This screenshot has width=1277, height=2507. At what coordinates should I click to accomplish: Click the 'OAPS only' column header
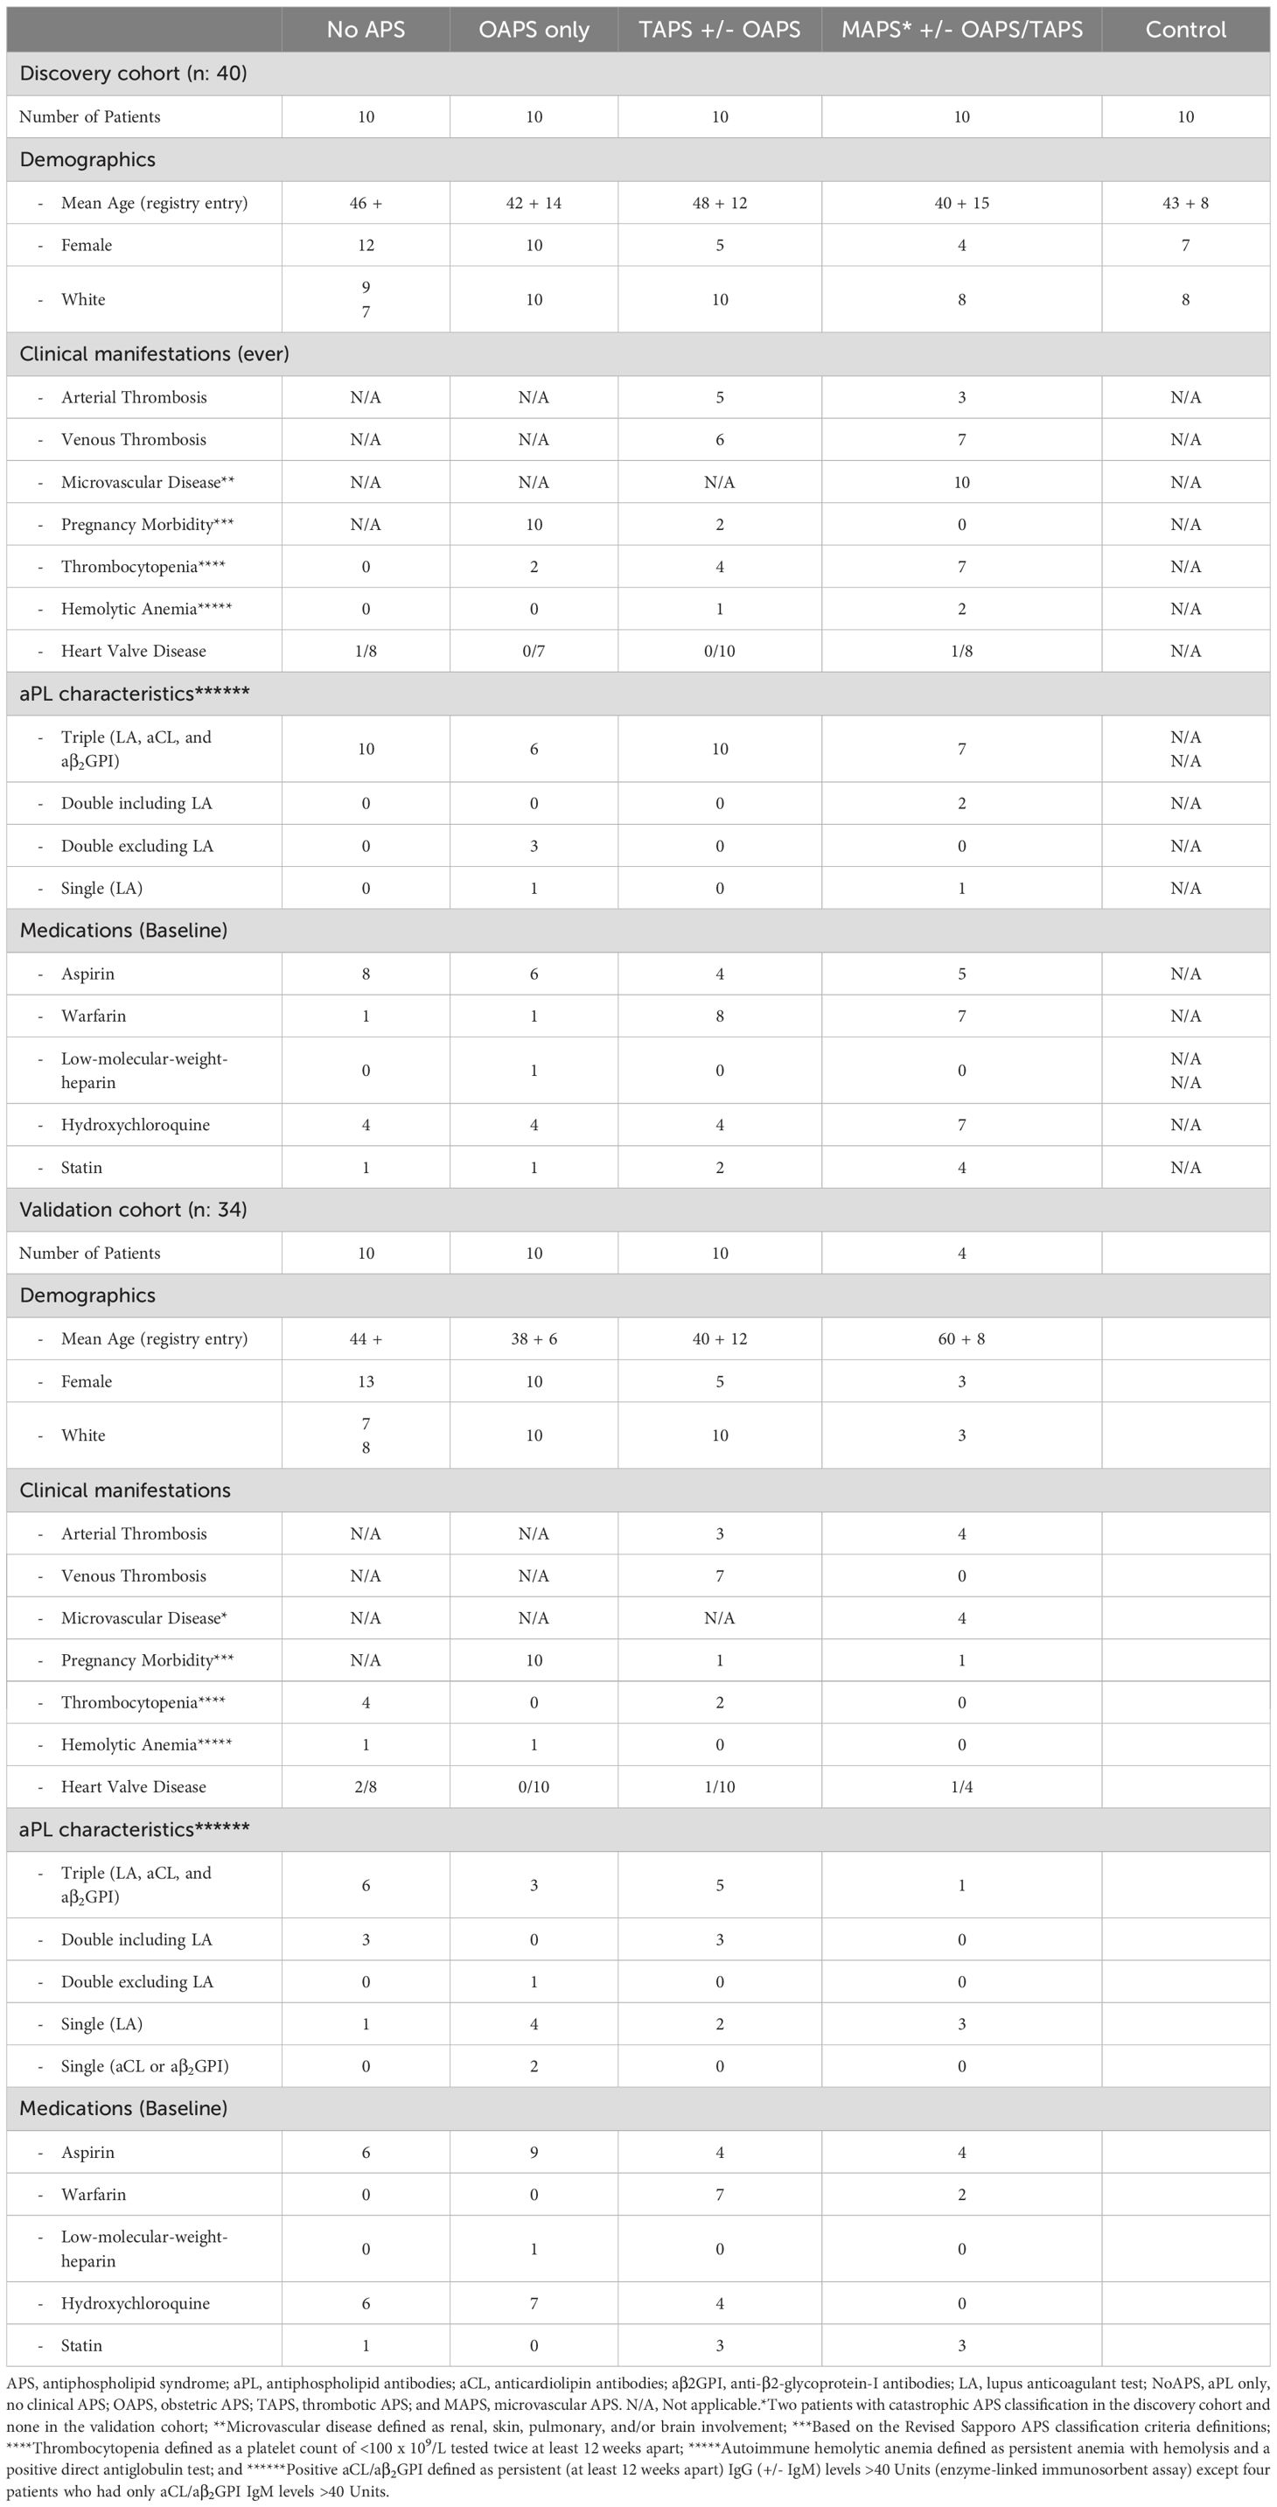pyautogui.click(x=534, y=29)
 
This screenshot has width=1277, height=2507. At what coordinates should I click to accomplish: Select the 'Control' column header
pyautogui.click(x=1184, y=29)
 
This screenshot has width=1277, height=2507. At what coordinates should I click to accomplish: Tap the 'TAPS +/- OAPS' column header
pyautogui.click(x=719, y=29)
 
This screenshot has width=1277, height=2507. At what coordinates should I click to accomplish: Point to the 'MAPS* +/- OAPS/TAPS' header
pyautogui.click(x=961, y=29)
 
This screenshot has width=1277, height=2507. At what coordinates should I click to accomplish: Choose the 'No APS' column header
pyautogui.click(x=365, y=29)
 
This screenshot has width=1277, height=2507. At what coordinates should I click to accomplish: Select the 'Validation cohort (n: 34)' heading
pyautogui.click(x=133, y=1210)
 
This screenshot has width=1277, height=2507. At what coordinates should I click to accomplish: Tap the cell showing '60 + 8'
pyautogui.click(x=961, y=1339)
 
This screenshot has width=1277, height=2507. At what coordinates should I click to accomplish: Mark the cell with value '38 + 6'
pyautogui.click(x=534, y=1339)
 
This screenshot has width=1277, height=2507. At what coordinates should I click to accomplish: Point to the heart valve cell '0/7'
pyautogui.click(x=534, y=651)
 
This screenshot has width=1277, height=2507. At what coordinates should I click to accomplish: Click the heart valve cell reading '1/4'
pyautogui.click(x=961, y=1787)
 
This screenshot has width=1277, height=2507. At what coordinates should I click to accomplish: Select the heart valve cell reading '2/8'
pyautogui.click(x=365, y=1787)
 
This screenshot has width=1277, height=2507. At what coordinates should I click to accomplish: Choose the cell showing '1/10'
pyautogui.click(x=719, y=1787)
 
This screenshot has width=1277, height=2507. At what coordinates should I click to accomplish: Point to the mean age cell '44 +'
pyautogui.click(x=365, y=1339)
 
